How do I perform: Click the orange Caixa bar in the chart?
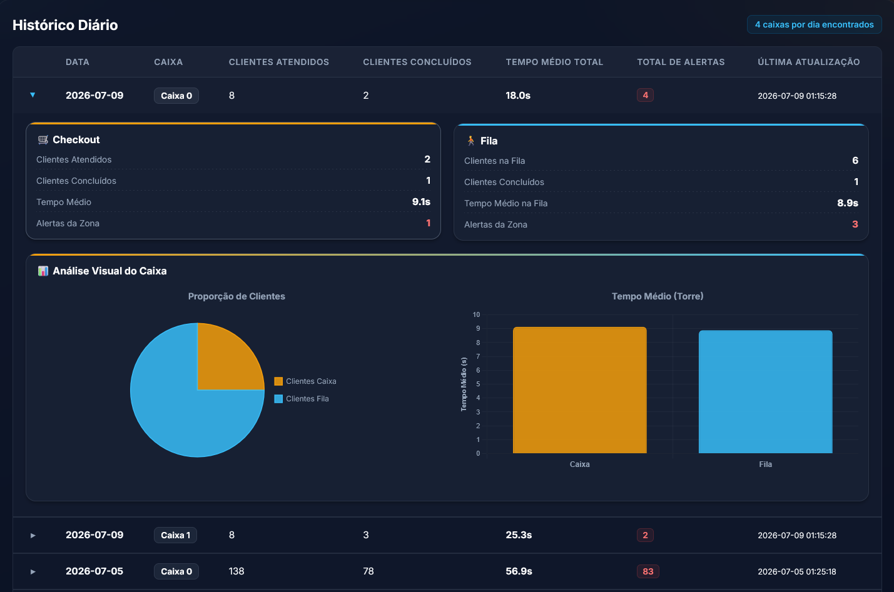pos(579,390)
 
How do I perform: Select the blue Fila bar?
pos(766,392)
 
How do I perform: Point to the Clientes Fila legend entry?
pos(302,399)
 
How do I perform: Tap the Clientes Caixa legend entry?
pos(305,381)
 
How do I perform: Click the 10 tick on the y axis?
pos(476,314)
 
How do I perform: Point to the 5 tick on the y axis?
pos(478,384)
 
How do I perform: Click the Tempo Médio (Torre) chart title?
pos(658,296)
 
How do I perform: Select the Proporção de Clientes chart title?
pos(236,296)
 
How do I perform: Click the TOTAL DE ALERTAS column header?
pos(681,62)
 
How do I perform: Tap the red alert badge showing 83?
pos(648,571)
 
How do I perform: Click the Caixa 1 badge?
pos(175,535)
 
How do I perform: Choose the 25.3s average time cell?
pos(519,535)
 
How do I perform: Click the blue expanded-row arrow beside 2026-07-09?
pos(33,95)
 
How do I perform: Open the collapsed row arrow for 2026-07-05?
pos(33,571)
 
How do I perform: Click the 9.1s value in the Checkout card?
pos(421,202)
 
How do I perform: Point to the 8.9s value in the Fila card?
pos(847,203)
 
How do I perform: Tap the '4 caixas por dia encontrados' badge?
pos(814,24)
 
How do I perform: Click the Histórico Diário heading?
pos(65,25)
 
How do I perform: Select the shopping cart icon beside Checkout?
pos(43,139)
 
